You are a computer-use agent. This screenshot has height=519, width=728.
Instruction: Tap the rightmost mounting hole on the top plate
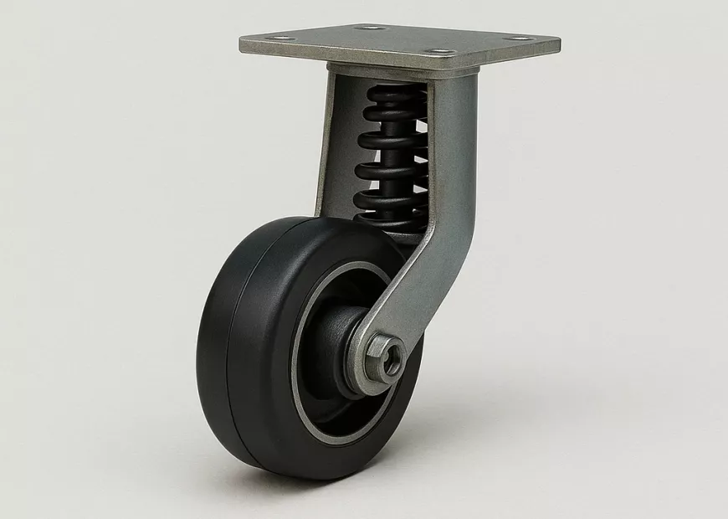point(520,39)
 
